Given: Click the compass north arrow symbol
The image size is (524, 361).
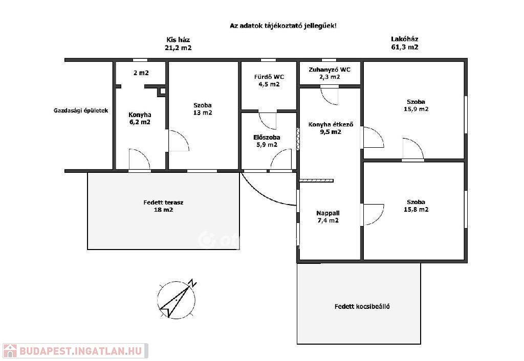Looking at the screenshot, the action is [x=176, y=300].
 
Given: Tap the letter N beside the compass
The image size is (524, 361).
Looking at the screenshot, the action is [x=192, y=283].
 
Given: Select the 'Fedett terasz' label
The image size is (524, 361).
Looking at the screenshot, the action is [x=163, y=202].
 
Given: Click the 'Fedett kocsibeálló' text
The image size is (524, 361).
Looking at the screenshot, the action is [x=362, y=306].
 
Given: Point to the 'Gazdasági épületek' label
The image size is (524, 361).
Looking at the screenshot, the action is [x=81, y=110].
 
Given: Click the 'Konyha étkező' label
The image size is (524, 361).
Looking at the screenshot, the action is [x=331, y=125].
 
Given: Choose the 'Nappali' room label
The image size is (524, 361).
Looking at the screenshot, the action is [x=328, y=213].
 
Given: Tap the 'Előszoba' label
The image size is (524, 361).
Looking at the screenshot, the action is [x=267, y=137].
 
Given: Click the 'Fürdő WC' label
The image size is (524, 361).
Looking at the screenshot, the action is [x=269, y=77].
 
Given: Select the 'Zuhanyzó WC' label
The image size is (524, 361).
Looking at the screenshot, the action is [x=330, y=70].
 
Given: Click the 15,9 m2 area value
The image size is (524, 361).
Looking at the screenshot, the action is [x=416, y=109].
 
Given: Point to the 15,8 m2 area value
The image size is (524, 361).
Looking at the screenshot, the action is [x=416, y=209].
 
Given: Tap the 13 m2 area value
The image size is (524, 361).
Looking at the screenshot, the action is [x=203, y=112].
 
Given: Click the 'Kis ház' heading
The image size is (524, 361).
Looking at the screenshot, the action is [x=178, y=40].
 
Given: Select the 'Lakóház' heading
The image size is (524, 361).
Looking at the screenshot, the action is [x=405, y=39].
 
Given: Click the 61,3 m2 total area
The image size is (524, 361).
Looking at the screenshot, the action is [x=405, y=47].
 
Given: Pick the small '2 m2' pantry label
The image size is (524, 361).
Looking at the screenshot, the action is [x=141, y=73].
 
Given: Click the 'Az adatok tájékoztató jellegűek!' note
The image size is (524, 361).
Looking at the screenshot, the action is [x=283, y=26].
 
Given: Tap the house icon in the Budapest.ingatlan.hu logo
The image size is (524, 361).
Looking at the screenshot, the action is [x=9, y=351].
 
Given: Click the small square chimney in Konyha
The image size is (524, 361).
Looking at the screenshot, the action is [x=162, y=91].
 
